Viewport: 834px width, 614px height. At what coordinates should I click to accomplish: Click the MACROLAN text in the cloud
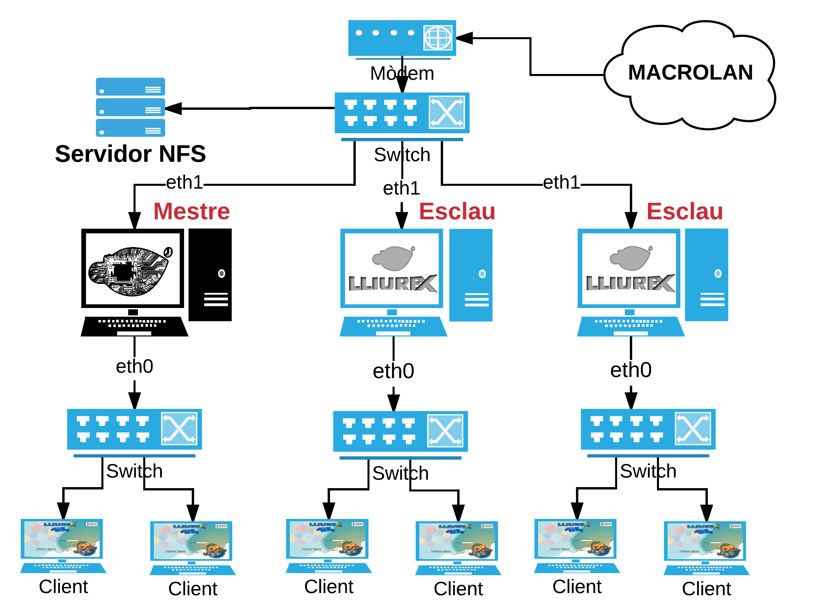[690, 72]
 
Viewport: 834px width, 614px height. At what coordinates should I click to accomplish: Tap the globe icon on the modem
[438, 37]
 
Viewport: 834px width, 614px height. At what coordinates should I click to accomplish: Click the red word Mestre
[192, 211]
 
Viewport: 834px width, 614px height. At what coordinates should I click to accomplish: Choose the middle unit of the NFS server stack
[131, 107]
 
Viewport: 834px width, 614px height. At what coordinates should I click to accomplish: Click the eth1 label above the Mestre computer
[184, 182]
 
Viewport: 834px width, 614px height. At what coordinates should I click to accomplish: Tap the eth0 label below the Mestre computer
[135, 366]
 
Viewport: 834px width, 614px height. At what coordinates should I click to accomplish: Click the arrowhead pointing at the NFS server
[173, 108]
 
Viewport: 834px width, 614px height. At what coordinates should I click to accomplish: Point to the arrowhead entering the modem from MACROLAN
[465, 38]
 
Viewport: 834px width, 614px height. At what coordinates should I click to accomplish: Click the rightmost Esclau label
[684, 211]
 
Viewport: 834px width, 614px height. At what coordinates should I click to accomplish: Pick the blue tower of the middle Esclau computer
[471, 275]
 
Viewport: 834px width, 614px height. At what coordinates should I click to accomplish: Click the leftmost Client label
[64, 587]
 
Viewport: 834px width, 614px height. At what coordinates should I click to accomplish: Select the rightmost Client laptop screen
[704, 541]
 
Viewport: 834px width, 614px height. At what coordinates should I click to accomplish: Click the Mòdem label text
[402, 73]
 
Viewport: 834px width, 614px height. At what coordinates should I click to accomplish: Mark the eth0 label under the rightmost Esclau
[631, 370]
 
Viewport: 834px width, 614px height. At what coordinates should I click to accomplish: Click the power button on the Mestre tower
[222, 274]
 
